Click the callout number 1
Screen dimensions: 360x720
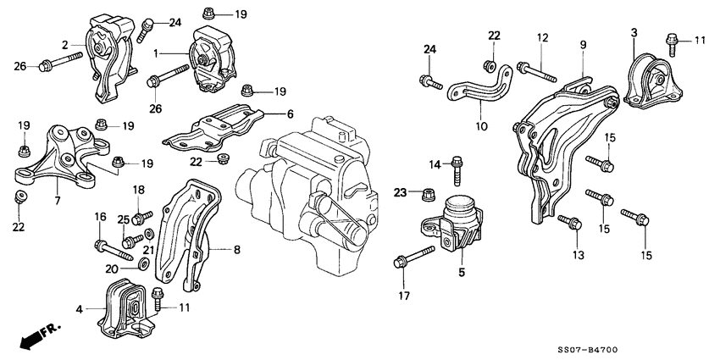(156, 53)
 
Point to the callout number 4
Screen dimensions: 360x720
(79, 310)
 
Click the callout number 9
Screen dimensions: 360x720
(583, 43)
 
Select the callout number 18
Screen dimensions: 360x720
(138, 190)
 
